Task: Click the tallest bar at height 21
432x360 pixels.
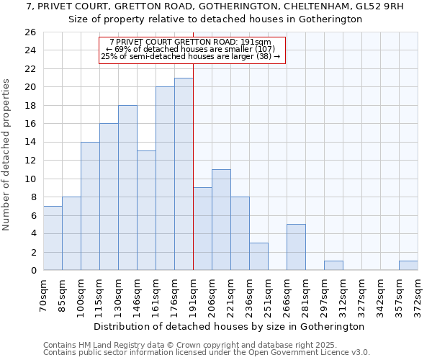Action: click(x=184, y=174)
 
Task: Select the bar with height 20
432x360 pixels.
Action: click(x=165, y=179)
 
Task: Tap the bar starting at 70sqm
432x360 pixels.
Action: click(x=53, y=238)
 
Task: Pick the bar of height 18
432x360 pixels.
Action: click(x=127, y=187)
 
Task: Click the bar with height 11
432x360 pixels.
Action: click(x=221, y=220)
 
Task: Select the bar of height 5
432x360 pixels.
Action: click(x=296, y=247)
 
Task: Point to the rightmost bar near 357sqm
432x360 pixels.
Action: click(x=408, y=266)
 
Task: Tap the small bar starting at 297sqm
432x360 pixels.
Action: click(x=333, y=266)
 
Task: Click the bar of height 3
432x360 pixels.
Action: click(x=258, y=256)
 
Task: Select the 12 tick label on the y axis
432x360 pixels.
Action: click(x=30, y=161)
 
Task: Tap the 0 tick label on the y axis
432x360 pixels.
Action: click(x=32, y=271)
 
